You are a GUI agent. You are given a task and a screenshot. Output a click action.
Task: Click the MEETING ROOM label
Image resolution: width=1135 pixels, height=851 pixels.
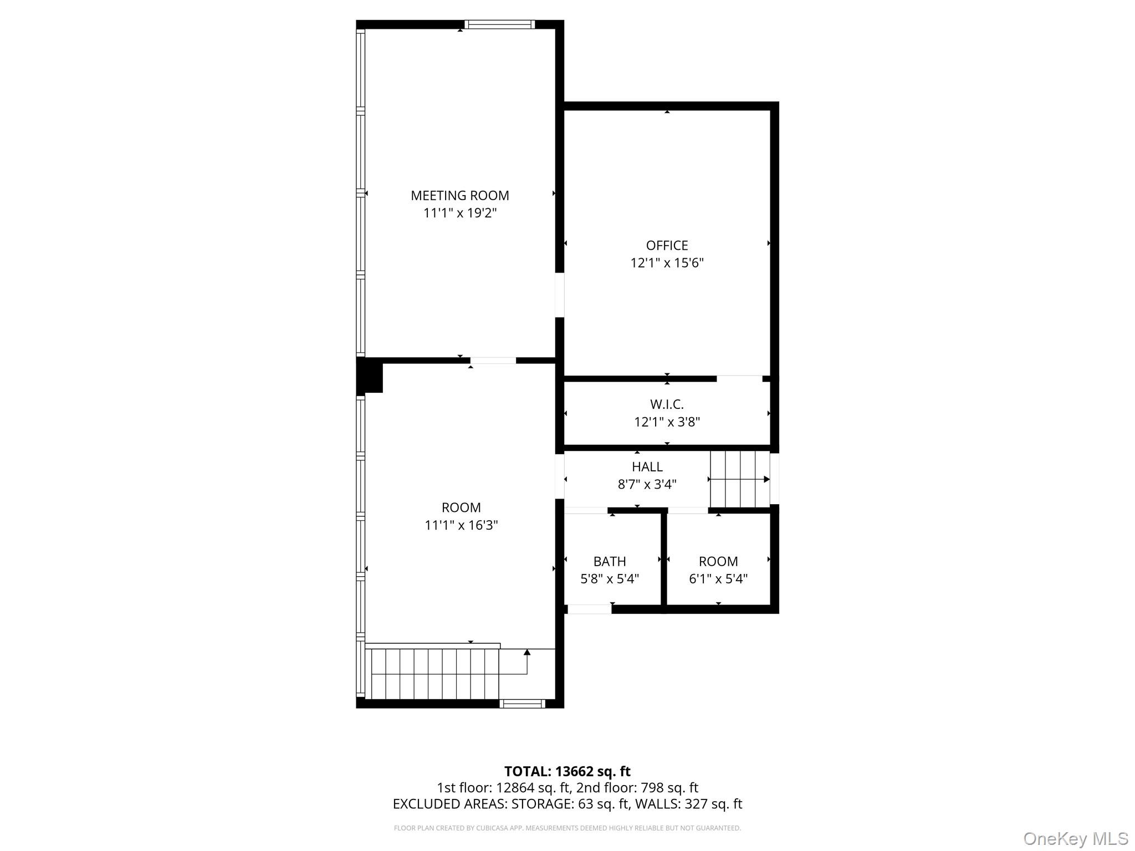tap(459, 196)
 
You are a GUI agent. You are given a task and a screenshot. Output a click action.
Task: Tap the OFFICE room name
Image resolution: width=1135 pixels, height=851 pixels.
tap(667, 245)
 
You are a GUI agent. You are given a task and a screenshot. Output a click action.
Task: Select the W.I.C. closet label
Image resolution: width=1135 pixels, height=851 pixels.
tap(667, 404)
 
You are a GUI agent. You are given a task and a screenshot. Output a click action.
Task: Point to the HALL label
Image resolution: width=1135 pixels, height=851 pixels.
tap(647, 466)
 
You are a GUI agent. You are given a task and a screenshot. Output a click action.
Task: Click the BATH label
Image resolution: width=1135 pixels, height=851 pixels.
tap(610, 561)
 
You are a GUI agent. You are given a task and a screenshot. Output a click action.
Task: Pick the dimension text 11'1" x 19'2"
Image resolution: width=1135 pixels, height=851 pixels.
tap(460, 213)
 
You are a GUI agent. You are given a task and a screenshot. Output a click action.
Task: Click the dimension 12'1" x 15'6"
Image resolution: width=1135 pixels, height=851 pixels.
tap(667, 263)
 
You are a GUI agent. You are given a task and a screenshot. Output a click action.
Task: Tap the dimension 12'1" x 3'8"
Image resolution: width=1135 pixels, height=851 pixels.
tap(667, 422)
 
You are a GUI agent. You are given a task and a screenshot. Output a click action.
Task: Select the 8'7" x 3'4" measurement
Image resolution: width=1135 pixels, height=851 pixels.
tap(647, 484)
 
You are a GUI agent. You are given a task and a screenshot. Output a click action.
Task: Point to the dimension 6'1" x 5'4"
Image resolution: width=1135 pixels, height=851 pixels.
tap(718, 579)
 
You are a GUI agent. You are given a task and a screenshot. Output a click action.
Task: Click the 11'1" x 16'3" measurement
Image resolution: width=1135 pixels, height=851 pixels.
tap(461, 525)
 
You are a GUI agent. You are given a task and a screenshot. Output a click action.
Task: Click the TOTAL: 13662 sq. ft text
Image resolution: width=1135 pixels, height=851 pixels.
tap(567, 771)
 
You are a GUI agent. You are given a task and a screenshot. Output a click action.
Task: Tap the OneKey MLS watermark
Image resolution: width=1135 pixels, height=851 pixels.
tap(1076, 839)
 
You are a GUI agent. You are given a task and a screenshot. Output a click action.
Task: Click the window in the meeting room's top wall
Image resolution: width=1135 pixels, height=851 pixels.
tap(499, 24)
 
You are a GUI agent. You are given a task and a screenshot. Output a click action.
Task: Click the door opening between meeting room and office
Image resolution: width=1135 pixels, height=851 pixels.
tap(560, 295)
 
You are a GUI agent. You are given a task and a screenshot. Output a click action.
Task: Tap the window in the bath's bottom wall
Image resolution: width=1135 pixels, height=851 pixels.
tap(590, 609)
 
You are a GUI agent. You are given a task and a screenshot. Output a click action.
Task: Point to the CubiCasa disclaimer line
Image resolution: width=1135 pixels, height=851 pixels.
tap(567, 828)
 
